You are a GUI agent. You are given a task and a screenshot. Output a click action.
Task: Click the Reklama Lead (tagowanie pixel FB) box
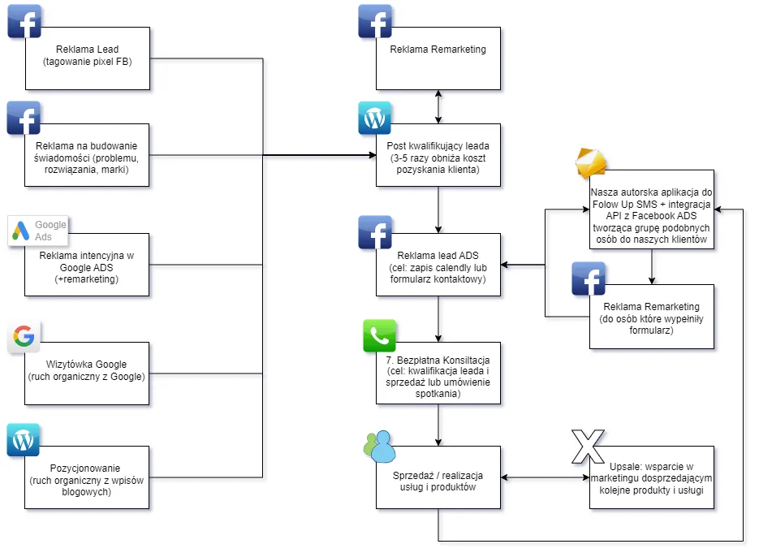(x=87, y=58)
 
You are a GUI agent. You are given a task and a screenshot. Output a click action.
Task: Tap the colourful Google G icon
(x=24, y=336)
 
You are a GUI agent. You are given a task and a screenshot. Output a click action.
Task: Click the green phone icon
(x=380, y=336)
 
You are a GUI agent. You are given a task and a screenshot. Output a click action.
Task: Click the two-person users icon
(x=379, y=445)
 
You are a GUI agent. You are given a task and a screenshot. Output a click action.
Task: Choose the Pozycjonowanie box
(x=87, y=477)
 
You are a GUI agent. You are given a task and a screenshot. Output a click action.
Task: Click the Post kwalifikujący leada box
(x=438, y=154)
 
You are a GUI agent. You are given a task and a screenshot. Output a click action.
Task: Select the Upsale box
(x=652, y=477)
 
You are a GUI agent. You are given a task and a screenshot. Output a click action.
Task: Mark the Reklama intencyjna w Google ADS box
(x=87, y=266)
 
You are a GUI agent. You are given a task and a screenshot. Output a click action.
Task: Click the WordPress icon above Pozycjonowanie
(x=24, y=440)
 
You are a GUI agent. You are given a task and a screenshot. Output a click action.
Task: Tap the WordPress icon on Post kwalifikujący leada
(x=374, y=119)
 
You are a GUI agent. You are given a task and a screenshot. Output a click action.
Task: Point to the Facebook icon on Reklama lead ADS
(x=374, y=231)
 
